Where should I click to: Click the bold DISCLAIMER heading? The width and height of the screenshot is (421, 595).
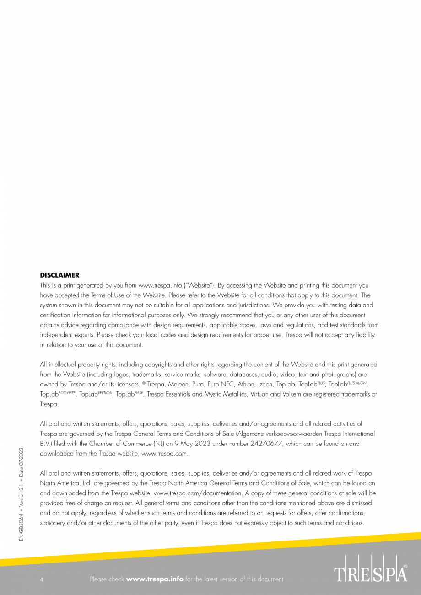tap(59, 275)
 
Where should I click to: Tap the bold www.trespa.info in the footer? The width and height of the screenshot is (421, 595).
tap(155, 579)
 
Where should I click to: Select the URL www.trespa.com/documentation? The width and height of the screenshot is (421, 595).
tap(199, 493)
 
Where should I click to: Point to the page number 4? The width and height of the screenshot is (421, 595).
tap(42, 579)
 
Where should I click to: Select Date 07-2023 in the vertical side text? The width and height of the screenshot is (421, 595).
tap(21, 463)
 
